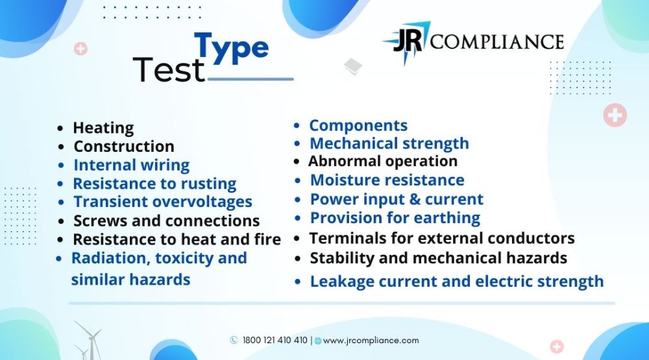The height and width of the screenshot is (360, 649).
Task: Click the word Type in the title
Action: click(x=232, y=49)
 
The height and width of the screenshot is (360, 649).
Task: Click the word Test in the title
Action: click(x=169, y=69)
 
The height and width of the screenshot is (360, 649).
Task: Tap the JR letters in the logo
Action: click(x=408, y=41)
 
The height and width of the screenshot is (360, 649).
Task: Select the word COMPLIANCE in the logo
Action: click(x=497, y=42)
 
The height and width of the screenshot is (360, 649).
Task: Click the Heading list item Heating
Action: click(x=103, y=128)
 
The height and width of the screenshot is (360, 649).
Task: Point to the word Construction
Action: click(x=124, y=146)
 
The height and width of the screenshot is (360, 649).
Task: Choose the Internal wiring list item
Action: click(x=131, y=165)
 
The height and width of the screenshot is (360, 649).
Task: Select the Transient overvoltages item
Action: click(x=163, y=202)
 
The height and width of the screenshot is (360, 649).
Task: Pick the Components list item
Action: click(x=358, y=125)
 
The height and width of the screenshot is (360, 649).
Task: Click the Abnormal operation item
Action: click(x=383, y=161)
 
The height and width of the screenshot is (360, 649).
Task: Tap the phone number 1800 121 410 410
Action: click(x=275, y=340)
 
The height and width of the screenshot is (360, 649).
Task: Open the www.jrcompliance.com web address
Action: click(x=371, y=341)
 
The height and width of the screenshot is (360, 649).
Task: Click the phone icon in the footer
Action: click(x=234, y=340)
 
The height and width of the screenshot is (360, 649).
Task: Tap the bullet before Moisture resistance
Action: click(x=298, y=181)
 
